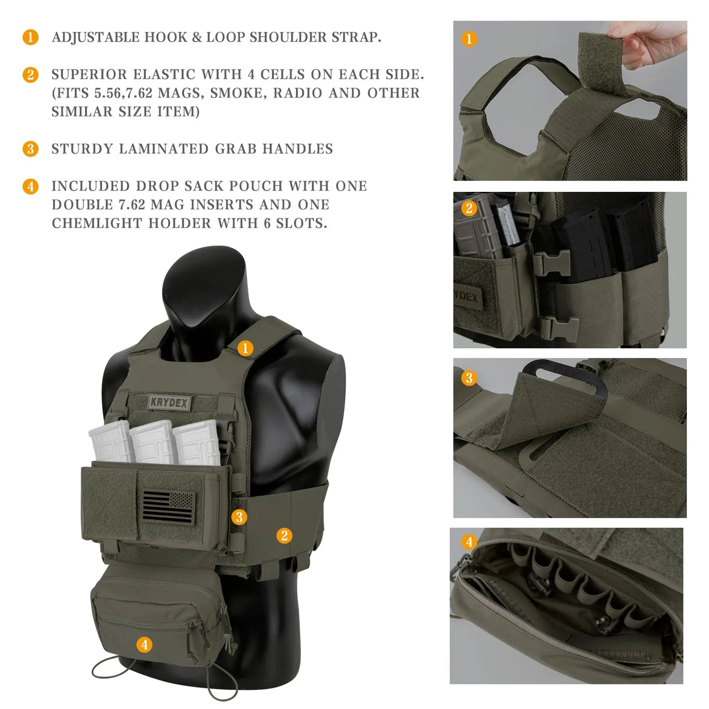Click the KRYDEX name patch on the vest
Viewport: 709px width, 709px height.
click(x=169, y=402)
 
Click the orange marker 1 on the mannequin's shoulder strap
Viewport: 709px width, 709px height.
click(x=245, y=348)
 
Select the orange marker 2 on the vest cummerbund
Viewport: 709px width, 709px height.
click(x=284, y=535)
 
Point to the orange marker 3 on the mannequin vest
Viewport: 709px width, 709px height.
click(x=239, y=517)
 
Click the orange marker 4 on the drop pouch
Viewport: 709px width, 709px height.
click(x=144, y=644)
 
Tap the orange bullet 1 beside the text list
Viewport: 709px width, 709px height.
click(x=30, y=37)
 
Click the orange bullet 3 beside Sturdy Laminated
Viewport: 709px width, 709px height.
click(x=30, y=149)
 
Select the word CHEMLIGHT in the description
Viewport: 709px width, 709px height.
click(x=98, y=223)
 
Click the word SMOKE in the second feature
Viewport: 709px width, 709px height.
click(x=238, y=93)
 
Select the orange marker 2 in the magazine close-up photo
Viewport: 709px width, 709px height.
click(x=469, y=208)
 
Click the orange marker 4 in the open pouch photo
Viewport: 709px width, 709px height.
click(x=469, y=542)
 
